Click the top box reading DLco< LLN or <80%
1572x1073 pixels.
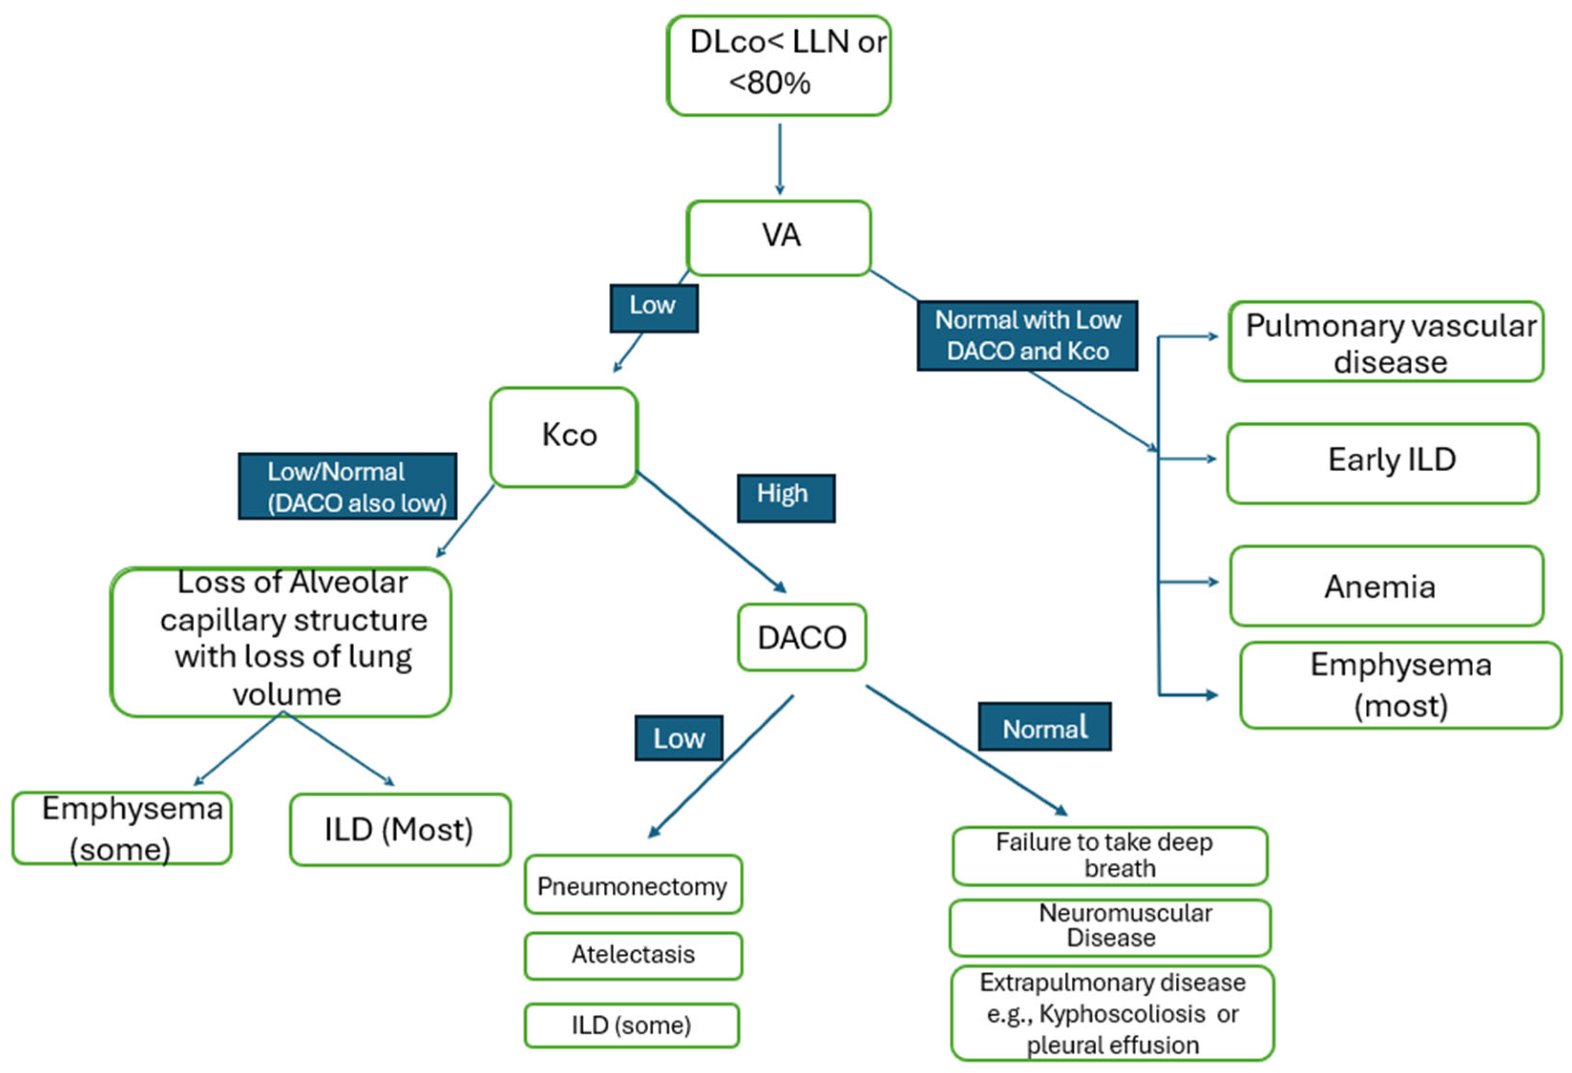tap(778, 65)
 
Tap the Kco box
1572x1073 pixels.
tap(564, 437)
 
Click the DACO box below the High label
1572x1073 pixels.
tap(802, 637)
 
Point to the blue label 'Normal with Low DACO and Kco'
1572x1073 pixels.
tap(1027, 335)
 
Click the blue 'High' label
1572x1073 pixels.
tap(786, 498)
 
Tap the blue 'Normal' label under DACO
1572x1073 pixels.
tap(1044, 727)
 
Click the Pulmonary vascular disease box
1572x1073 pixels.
tap(1386, 342)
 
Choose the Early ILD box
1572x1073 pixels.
tap(1383, 463)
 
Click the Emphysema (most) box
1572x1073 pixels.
tap(1400, 685)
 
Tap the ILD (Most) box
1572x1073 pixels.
tap(400, 830)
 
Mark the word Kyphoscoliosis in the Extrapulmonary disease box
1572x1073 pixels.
tap(1121, 1013)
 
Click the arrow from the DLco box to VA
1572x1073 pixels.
tap(779, 159)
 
